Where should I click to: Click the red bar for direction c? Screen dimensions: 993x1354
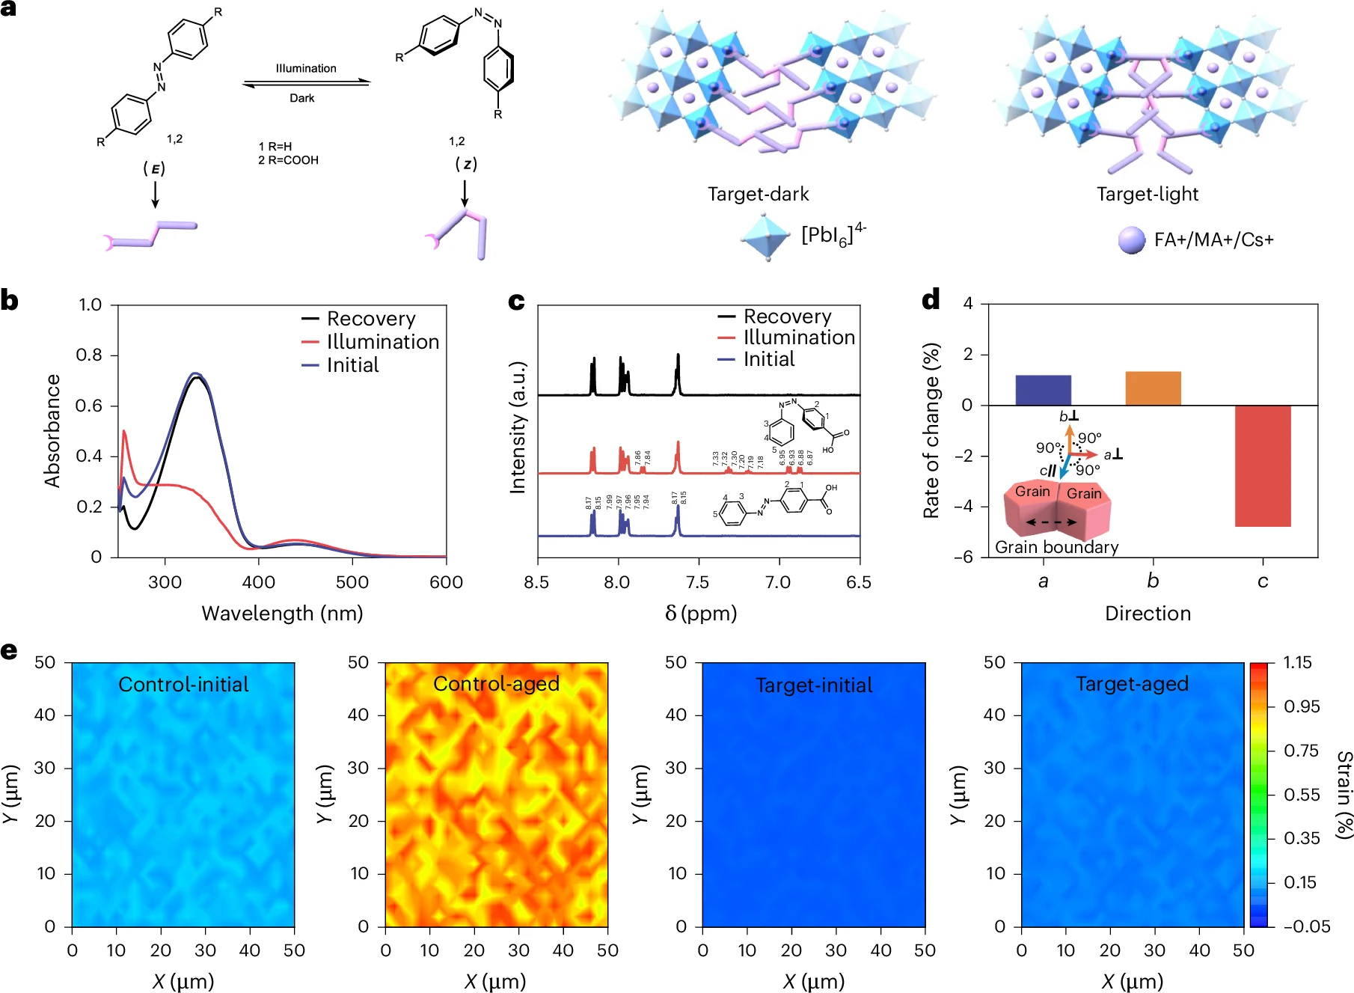point(1263,465)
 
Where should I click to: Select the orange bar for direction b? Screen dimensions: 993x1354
point(1153,388)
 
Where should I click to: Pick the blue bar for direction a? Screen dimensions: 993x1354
point(1043,390)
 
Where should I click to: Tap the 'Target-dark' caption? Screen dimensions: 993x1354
point(759,195)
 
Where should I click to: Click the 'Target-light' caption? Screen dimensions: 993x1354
point(1148,195)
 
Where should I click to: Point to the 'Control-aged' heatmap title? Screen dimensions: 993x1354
point(496,684)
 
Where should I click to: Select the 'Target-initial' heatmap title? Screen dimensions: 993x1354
point(814,685)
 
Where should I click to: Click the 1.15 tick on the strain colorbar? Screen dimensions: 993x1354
point(1297,663)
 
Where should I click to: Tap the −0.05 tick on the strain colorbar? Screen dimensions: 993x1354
point(1306,926)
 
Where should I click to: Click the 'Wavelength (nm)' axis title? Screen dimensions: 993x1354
point(282,614)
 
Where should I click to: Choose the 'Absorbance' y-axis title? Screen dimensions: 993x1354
point(52,431)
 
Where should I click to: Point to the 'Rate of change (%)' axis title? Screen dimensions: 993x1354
point(931,430)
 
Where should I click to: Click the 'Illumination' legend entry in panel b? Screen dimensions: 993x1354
point(382,342)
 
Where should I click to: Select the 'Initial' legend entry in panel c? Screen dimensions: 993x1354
point(768,359)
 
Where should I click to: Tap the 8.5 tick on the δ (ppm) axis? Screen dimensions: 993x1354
point(536,582)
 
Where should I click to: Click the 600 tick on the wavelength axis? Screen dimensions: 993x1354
point(446,582)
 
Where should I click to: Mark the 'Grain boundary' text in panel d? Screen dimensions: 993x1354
point(1056,547)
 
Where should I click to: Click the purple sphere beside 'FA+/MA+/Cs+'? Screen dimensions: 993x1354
point(1131,240)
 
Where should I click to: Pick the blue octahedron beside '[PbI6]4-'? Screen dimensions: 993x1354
point(766,236)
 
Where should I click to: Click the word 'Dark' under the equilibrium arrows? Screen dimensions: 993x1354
point(302,98)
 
